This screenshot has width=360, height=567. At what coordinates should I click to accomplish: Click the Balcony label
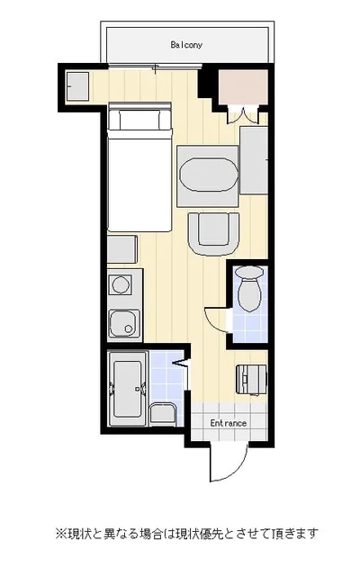tap(186, 45)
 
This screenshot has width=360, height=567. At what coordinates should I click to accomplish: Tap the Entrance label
tap(229, 423)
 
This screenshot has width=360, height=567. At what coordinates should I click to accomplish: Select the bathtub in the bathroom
tap(127, 389)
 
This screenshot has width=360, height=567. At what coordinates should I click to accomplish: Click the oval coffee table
tap(209, 175)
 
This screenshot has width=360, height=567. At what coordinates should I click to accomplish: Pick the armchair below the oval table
tap(213, 234)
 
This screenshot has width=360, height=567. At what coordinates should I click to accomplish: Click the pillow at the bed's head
tap(139, 120)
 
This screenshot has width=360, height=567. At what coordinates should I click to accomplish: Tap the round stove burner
tap(121, 284)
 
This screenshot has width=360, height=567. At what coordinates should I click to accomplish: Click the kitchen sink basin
tap(123, 324)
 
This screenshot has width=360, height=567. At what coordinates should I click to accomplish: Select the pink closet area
tap(243, 87)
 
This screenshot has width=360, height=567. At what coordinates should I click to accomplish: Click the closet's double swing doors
tap(243, 115)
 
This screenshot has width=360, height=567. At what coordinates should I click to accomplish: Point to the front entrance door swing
tap(229, 462)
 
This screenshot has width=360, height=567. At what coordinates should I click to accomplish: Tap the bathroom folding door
tap(180, 363)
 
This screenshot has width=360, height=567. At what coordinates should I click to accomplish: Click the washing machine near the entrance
tap(252, 379)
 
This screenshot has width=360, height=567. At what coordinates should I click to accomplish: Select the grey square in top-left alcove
tap(77, 86)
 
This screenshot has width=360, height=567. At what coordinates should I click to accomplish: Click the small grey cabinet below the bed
tap(122, 249)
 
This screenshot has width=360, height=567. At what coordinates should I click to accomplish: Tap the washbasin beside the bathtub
tap(163, 414)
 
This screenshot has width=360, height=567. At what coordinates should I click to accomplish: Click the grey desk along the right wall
tap(254, 160)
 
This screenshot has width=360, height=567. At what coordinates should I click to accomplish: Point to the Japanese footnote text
tap(186, 533)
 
